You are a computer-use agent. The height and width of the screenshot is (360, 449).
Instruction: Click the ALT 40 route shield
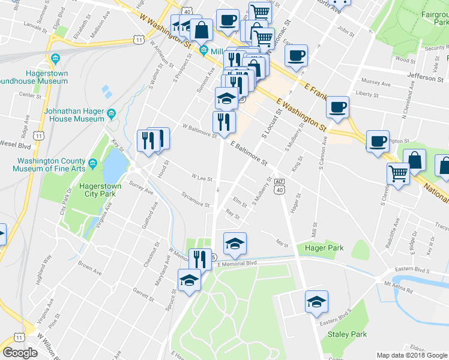(x=279, y=185)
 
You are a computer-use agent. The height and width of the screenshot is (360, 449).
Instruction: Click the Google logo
(x=20, y=353)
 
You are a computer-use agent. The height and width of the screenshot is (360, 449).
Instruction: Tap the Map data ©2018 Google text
(x=412, y=355)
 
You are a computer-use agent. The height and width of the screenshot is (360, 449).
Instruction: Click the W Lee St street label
(x=202, y=178)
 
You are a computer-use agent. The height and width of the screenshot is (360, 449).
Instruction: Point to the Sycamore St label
(x=196, y=200)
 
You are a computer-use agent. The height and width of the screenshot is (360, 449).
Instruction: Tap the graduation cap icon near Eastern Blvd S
(x=316, y=301)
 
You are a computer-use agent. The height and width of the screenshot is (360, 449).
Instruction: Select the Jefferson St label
(x=425, y=77)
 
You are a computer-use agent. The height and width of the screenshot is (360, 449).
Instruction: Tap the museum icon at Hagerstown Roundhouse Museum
(x=56, y=59)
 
